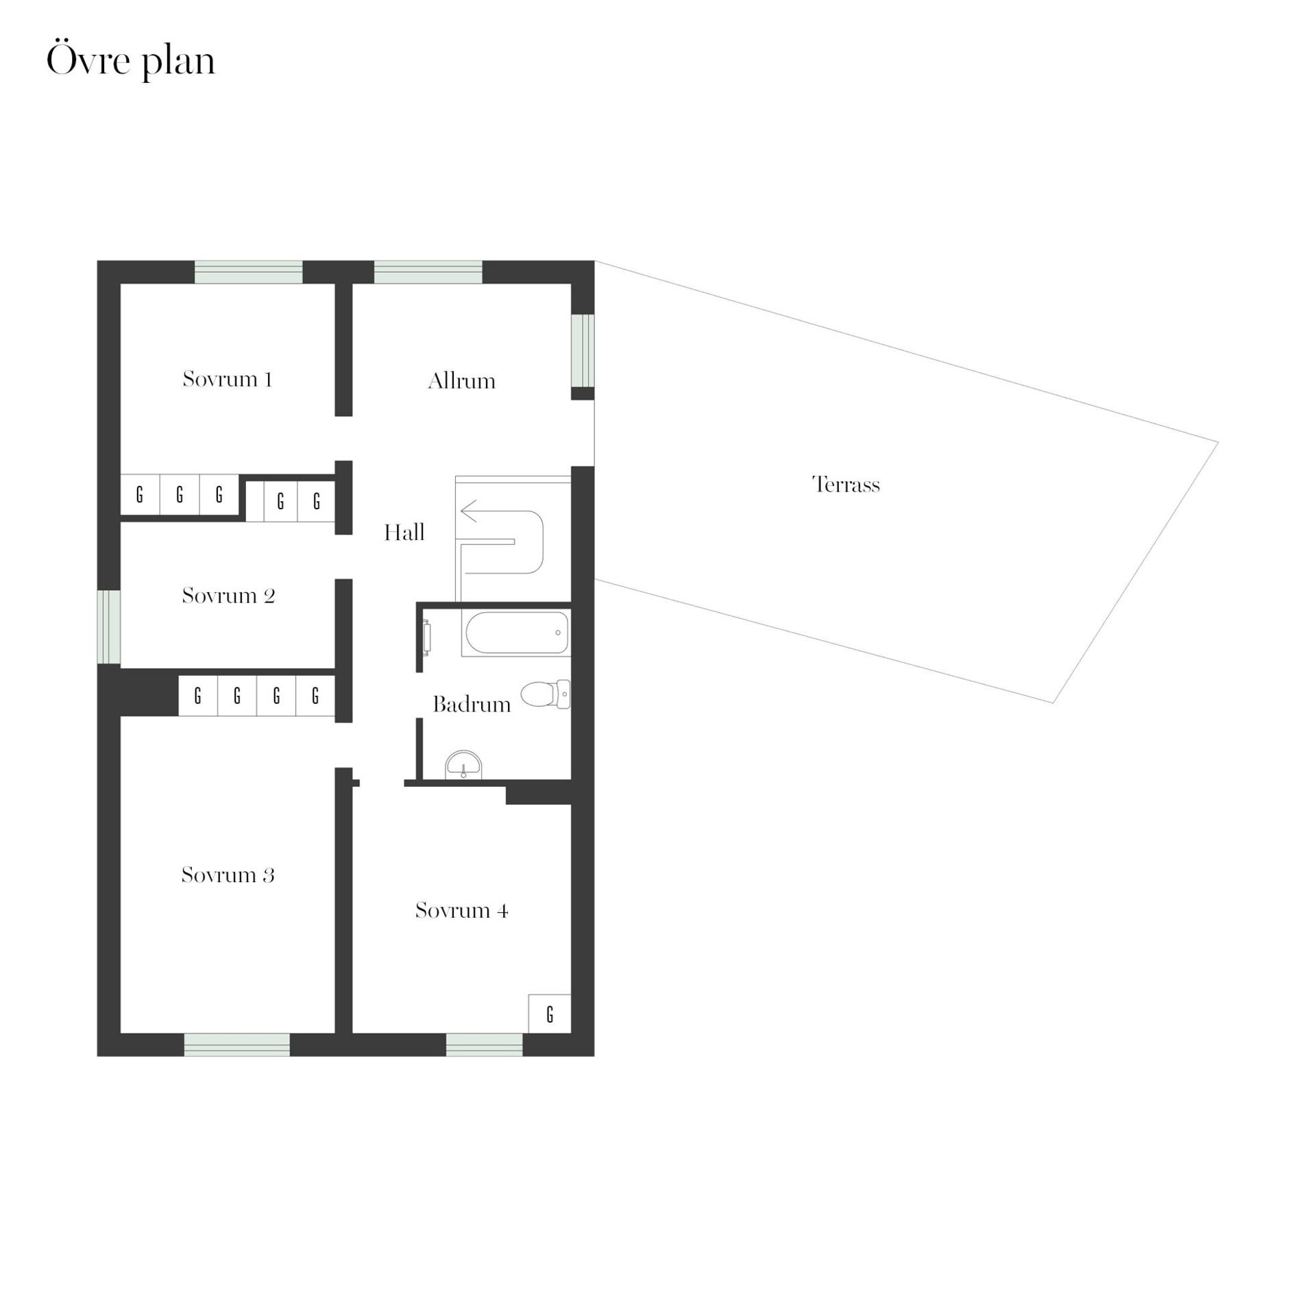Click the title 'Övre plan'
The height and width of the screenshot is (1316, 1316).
tap(130, 62)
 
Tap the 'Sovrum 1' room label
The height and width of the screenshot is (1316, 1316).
tap(228, 379)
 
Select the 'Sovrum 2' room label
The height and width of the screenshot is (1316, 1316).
tap(228, 596)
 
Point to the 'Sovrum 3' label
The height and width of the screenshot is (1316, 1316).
tap(228, 875)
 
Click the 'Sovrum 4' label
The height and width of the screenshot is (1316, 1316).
tap(461, 910)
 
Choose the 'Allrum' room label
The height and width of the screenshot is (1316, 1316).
tap(461, 380)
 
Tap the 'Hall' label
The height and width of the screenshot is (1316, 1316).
tap(404, 533)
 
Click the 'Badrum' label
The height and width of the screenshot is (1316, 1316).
tap(472, 705)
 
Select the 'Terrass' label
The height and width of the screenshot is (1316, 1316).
tap(846, 485)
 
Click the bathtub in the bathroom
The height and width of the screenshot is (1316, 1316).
tap(516, 633)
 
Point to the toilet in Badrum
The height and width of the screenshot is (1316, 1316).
tap(546, 694)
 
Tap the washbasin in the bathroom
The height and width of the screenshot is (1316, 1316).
tap(464, 765)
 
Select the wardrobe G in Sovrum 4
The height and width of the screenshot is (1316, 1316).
tap(550, 1014)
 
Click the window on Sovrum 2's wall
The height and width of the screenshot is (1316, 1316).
tap(108, 627)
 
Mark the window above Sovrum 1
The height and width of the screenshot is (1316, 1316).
tap(248, 272)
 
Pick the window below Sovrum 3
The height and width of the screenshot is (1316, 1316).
tap(236, 1045)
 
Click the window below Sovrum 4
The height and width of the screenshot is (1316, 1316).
tap(484, 1045)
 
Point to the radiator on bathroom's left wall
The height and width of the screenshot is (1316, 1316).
tap(426, 637)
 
